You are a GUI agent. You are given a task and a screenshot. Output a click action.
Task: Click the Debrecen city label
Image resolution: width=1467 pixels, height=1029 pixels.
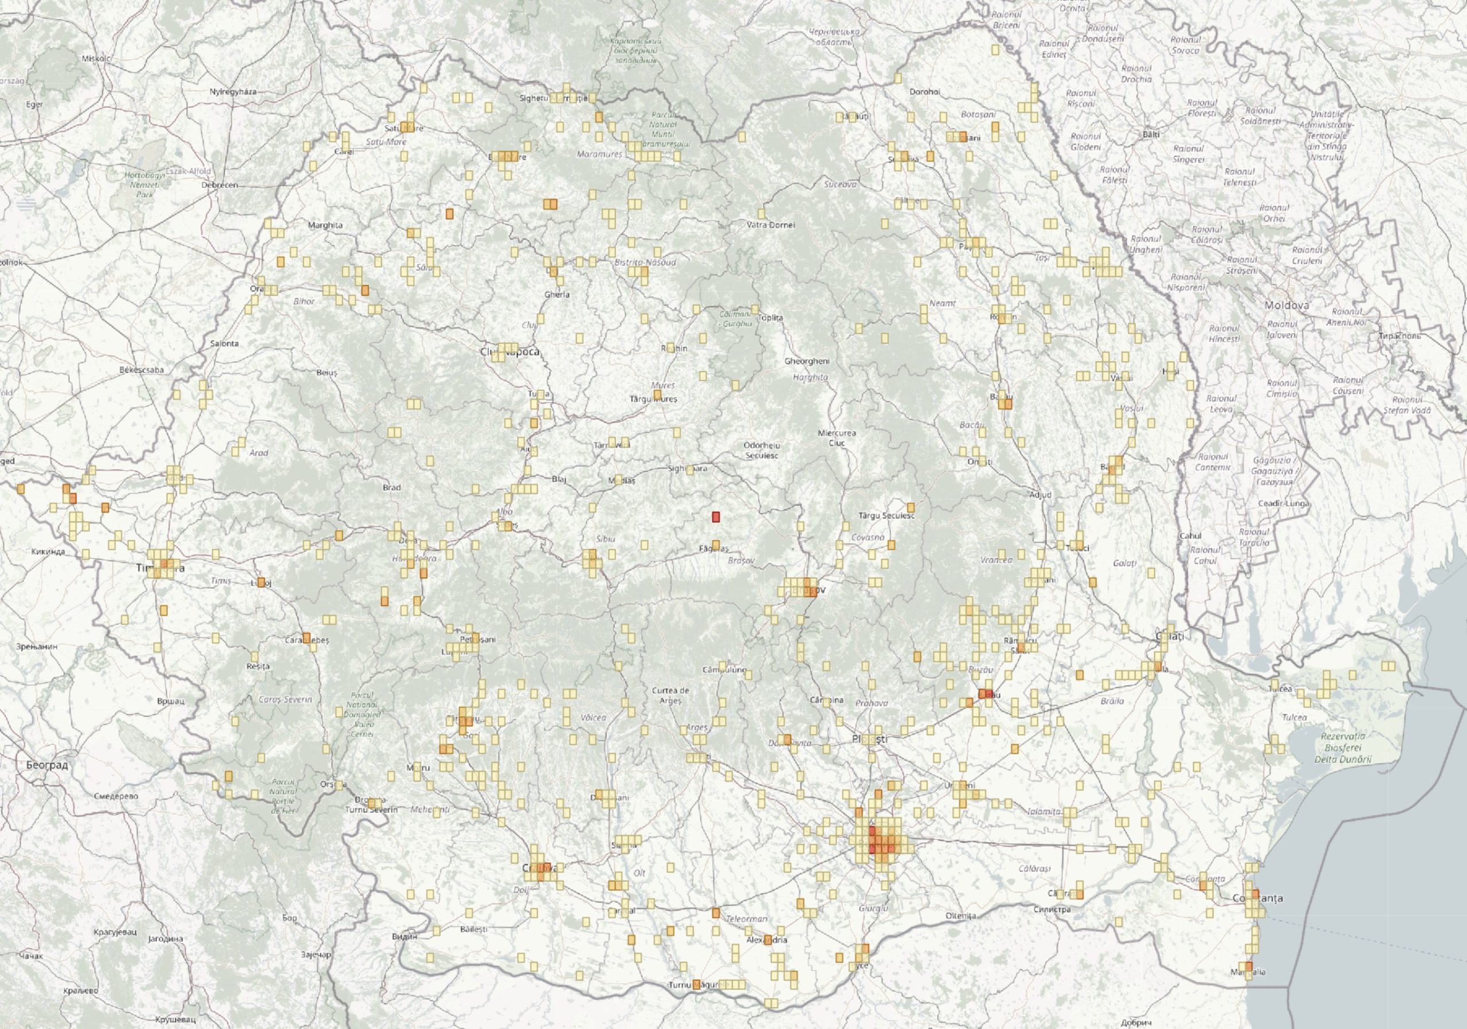point(219,185)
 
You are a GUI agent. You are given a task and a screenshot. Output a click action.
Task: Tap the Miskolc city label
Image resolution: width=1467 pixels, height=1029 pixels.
point(96,59)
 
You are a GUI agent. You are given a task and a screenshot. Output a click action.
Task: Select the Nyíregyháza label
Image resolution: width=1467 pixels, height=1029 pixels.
point(233,91)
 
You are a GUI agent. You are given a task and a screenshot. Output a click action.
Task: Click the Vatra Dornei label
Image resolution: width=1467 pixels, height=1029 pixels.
point(771,225)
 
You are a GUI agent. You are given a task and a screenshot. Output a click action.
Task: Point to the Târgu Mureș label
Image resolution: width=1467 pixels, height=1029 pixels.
point(653,399)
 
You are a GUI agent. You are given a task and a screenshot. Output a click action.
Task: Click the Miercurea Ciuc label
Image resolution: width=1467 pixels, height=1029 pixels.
point(837,438)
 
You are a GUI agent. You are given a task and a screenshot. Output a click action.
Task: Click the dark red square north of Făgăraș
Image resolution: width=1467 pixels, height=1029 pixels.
point(716,517)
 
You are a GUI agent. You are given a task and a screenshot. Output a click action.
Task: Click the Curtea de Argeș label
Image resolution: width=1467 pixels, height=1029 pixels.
point(670,695)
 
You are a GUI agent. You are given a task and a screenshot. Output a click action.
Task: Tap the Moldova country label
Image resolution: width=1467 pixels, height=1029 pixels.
point(1287,306)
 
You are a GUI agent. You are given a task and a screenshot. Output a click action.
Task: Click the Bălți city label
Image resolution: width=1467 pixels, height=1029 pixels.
point(1151,135)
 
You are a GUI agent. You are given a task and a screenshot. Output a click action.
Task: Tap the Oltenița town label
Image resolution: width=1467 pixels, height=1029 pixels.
point(961,916)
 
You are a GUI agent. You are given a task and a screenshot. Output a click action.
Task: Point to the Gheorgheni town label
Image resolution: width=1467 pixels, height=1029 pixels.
point(807,361)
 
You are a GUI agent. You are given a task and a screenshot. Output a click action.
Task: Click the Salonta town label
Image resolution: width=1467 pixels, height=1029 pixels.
point(224,343)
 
